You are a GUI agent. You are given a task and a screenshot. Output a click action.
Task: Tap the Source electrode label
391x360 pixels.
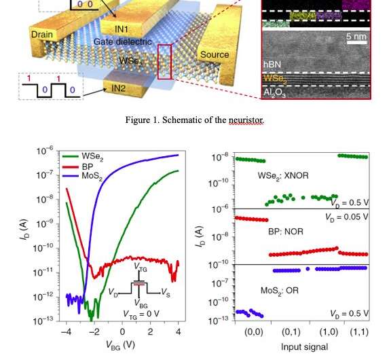coord(215,54)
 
